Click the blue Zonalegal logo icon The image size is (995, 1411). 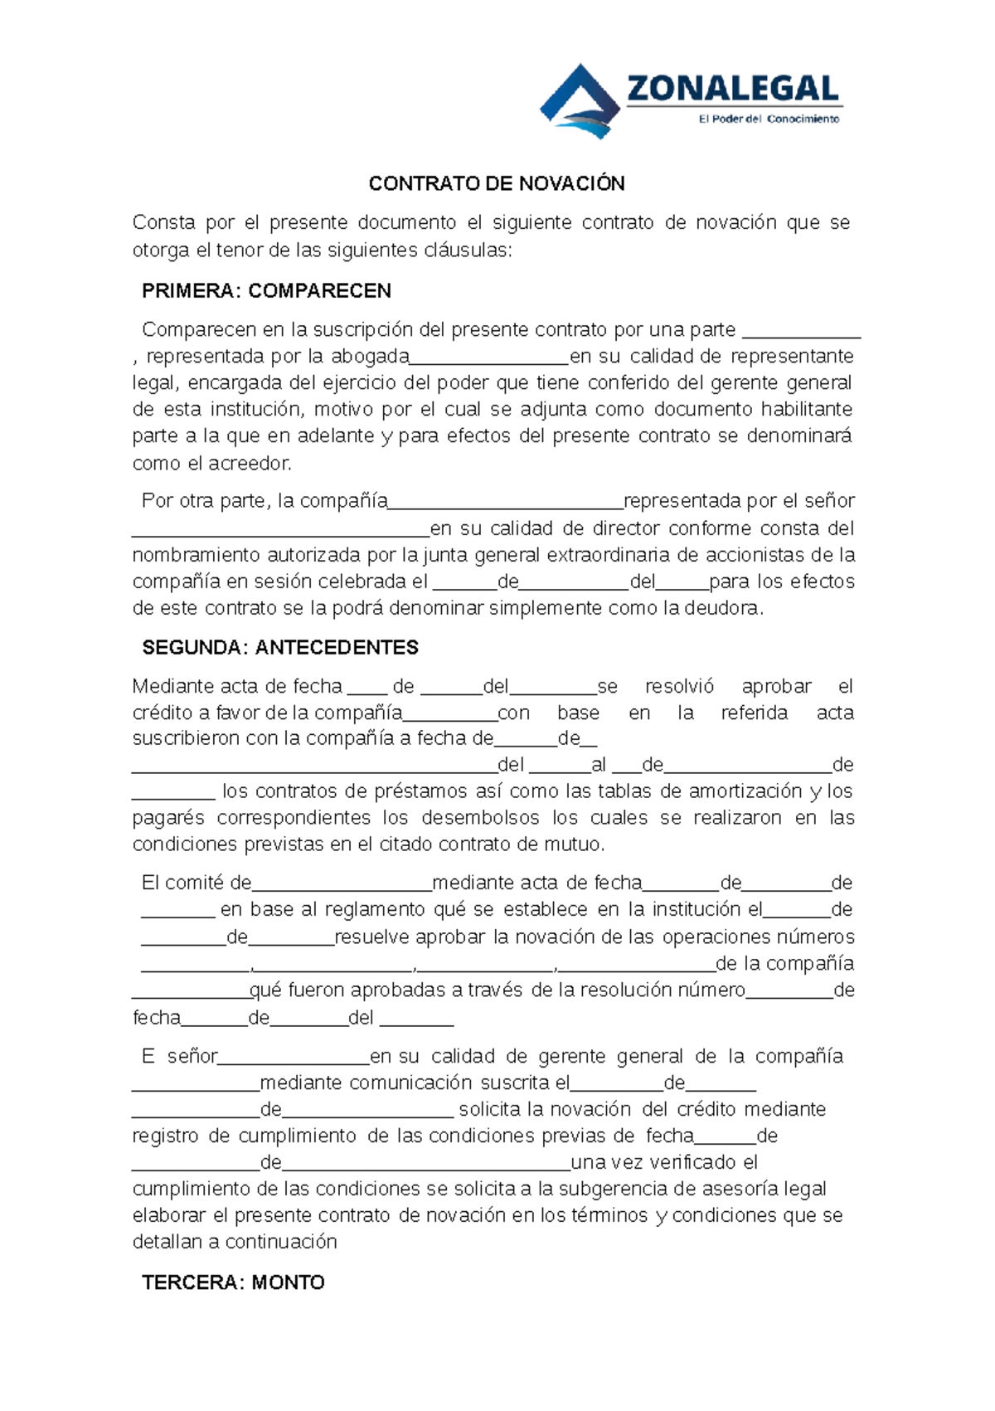click(x=580, y=100)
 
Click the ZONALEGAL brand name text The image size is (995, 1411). click(x=733, y=88)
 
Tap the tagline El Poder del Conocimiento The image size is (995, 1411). click(x=769, y=119)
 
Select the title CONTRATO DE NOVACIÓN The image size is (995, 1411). click(x=497, y=183)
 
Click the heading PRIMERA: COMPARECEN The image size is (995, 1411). click(x=266, y=291)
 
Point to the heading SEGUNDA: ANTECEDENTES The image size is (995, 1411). click(x=280, y=648)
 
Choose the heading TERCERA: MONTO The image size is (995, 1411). click(x=233, y=1282)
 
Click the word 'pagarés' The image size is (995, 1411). click(x=168, y=819)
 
